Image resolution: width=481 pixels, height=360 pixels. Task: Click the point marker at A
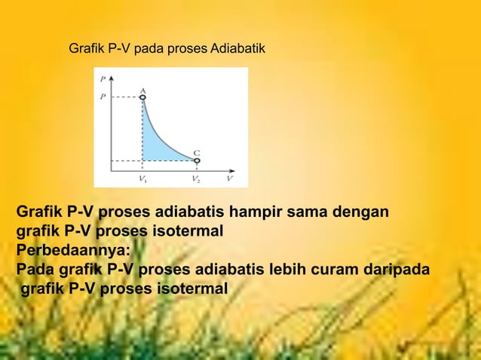pyautogui.click(x=142, y=97)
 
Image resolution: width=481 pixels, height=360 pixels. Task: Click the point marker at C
pyautogui.click(x=197, y=160)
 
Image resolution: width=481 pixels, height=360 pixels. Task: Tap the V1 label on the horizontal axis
pyautogui.click(x=142, y=179)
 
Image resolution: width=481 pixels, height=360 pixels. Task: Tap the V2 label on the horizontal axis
pyautogui.click(x=196, y=179)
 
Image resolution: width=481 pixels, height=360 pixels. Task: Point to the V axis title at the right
pyautogui.click(x=230, y=179)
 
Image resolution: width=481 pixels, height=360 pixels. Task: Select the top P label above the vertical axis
pyautogui.click(x=102, y=78)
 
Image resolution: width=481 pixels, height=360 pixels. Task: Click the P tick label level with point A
pyautogui.click(x=102, y=96)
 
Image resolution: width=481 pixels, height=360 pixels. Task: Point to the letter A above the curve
pyautogui.click(x=142, y=90)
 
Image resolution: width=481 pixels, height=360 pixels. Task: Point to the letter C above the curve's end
pyautogui.click(x=196, y=152)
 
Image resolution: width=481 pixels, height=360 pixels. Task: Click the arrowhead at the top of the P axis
pyautogui.click(x=112, y=76)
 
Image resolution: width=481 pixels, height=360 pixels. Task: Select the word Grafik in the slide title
pyautogui.click(x=86, y=50)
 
